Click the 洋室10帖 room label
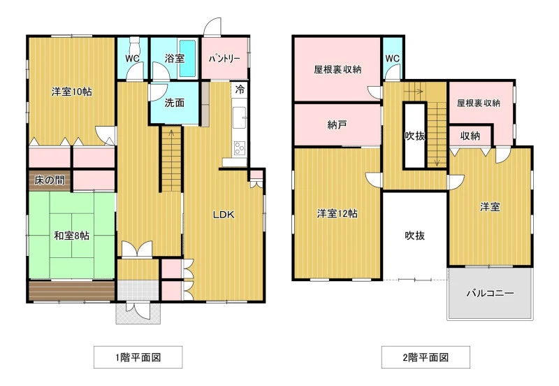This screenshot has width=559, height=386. coord(72,92)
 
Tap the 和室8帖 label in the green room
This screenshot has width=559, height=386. coord(72,236)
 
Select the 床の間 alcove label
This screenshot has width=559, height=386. coord(50,180)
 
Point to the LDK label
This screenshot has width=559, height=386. coord(224,215)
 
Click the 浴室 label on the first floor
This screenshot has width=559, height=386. coord(175,59)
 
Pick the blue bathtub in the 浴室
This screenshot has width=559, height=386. coord(187,58)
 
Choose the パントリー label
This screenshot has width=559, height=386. coord(224,59)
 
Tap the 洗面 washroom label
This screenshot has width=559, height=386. coord(174,103)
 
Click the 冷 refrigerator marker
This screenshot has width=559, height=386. coord(240,90)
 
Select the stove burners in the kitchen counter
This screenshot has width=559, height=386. coord(240,148)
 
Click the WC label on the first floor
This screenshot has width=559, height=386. coord(132,59)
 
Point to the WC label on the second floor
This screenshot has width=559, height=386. coord(393,59)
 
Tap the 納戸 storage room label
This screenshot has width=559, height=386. coord(337,125)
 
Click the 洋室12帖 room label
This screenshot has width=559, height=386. coord(337,214)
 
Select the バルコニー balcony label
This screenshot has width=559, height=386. coord(491,293)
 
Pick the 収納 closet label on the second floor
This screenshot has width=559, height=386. coord(470,136)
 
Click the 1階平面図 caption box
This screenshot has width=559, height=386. coord(138,357)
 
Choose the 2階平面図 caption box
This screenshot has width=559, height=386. coord(426,357)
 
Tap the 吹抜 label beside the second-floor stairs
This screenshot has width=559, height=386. coord(415,136)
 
